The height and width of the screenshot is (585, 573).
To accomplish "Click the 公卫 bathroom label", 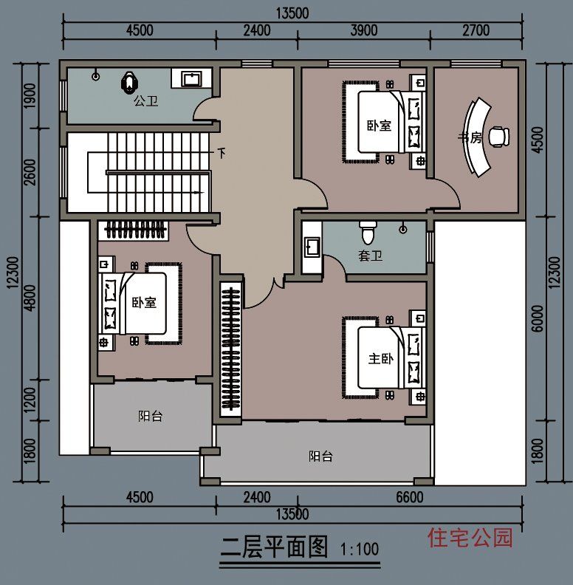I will tap(145, 102).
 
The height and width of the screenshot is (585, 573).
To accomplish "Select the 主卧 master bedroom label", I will tap(381, 359).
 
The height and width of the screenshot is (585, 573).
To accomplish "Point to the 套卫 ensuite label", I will tap(370, 256).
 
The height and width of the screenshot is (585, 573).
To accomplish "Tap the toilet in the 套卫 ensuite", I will tap(367, 233).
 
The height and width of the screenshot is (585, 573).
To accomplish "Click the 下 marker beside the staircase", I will tap(222, 154).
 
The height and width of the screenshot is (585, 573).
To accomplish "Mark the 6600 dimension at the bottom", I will tap(410, 498).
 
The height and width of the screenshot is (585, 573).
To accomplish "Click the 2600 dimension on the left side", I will tap(30, 174).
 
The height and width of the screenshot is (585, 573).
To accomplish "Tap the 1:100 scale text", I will tap(360, 550).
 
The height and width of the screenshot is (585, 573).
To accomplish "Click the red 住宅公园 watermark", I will tap(470, 537).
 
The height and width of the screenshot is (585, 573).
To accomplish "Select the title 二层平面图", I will tap(274, 547).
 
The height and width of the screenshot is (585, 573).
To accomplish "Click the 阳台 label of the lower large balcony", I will tap(320, 456).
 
